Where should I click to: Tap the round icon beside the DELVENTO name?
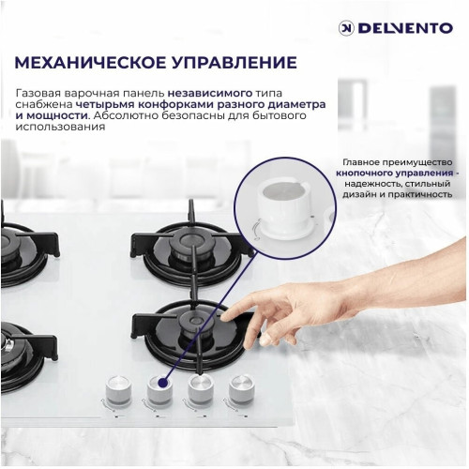(345, 28)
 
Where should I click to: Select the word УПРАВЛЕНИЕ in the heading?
(234, 64)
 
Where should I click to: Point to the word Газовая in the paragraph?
(40, 94)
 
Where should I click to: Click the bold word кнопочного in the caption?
(371, 173)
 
